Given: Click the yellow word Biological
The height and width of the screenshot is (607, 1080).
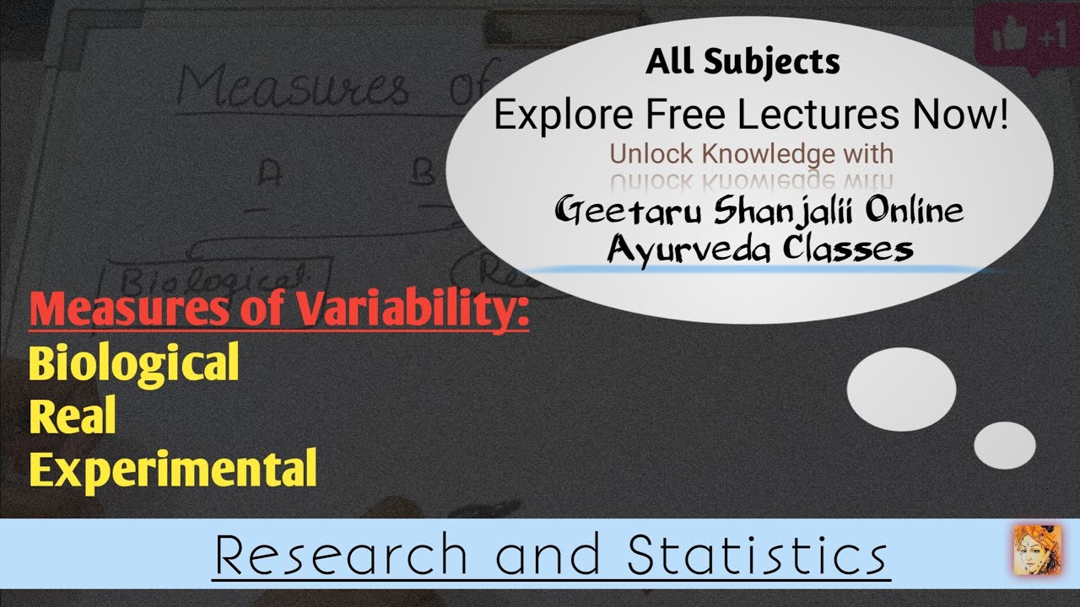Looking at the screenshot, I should click(133, 363).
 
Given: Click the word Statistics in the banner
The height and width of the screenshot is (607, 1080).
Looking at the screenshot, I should click(757, 555).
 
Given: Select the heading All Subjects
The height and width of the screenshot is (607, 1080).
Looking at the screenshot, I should click(742, 62).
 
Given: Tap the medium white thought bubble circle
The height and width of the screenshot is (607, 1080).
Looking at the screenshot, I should click(901, 389).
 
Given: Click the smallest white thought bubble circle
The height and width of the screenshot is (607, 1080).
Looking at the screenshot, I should click(1004, 444).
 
